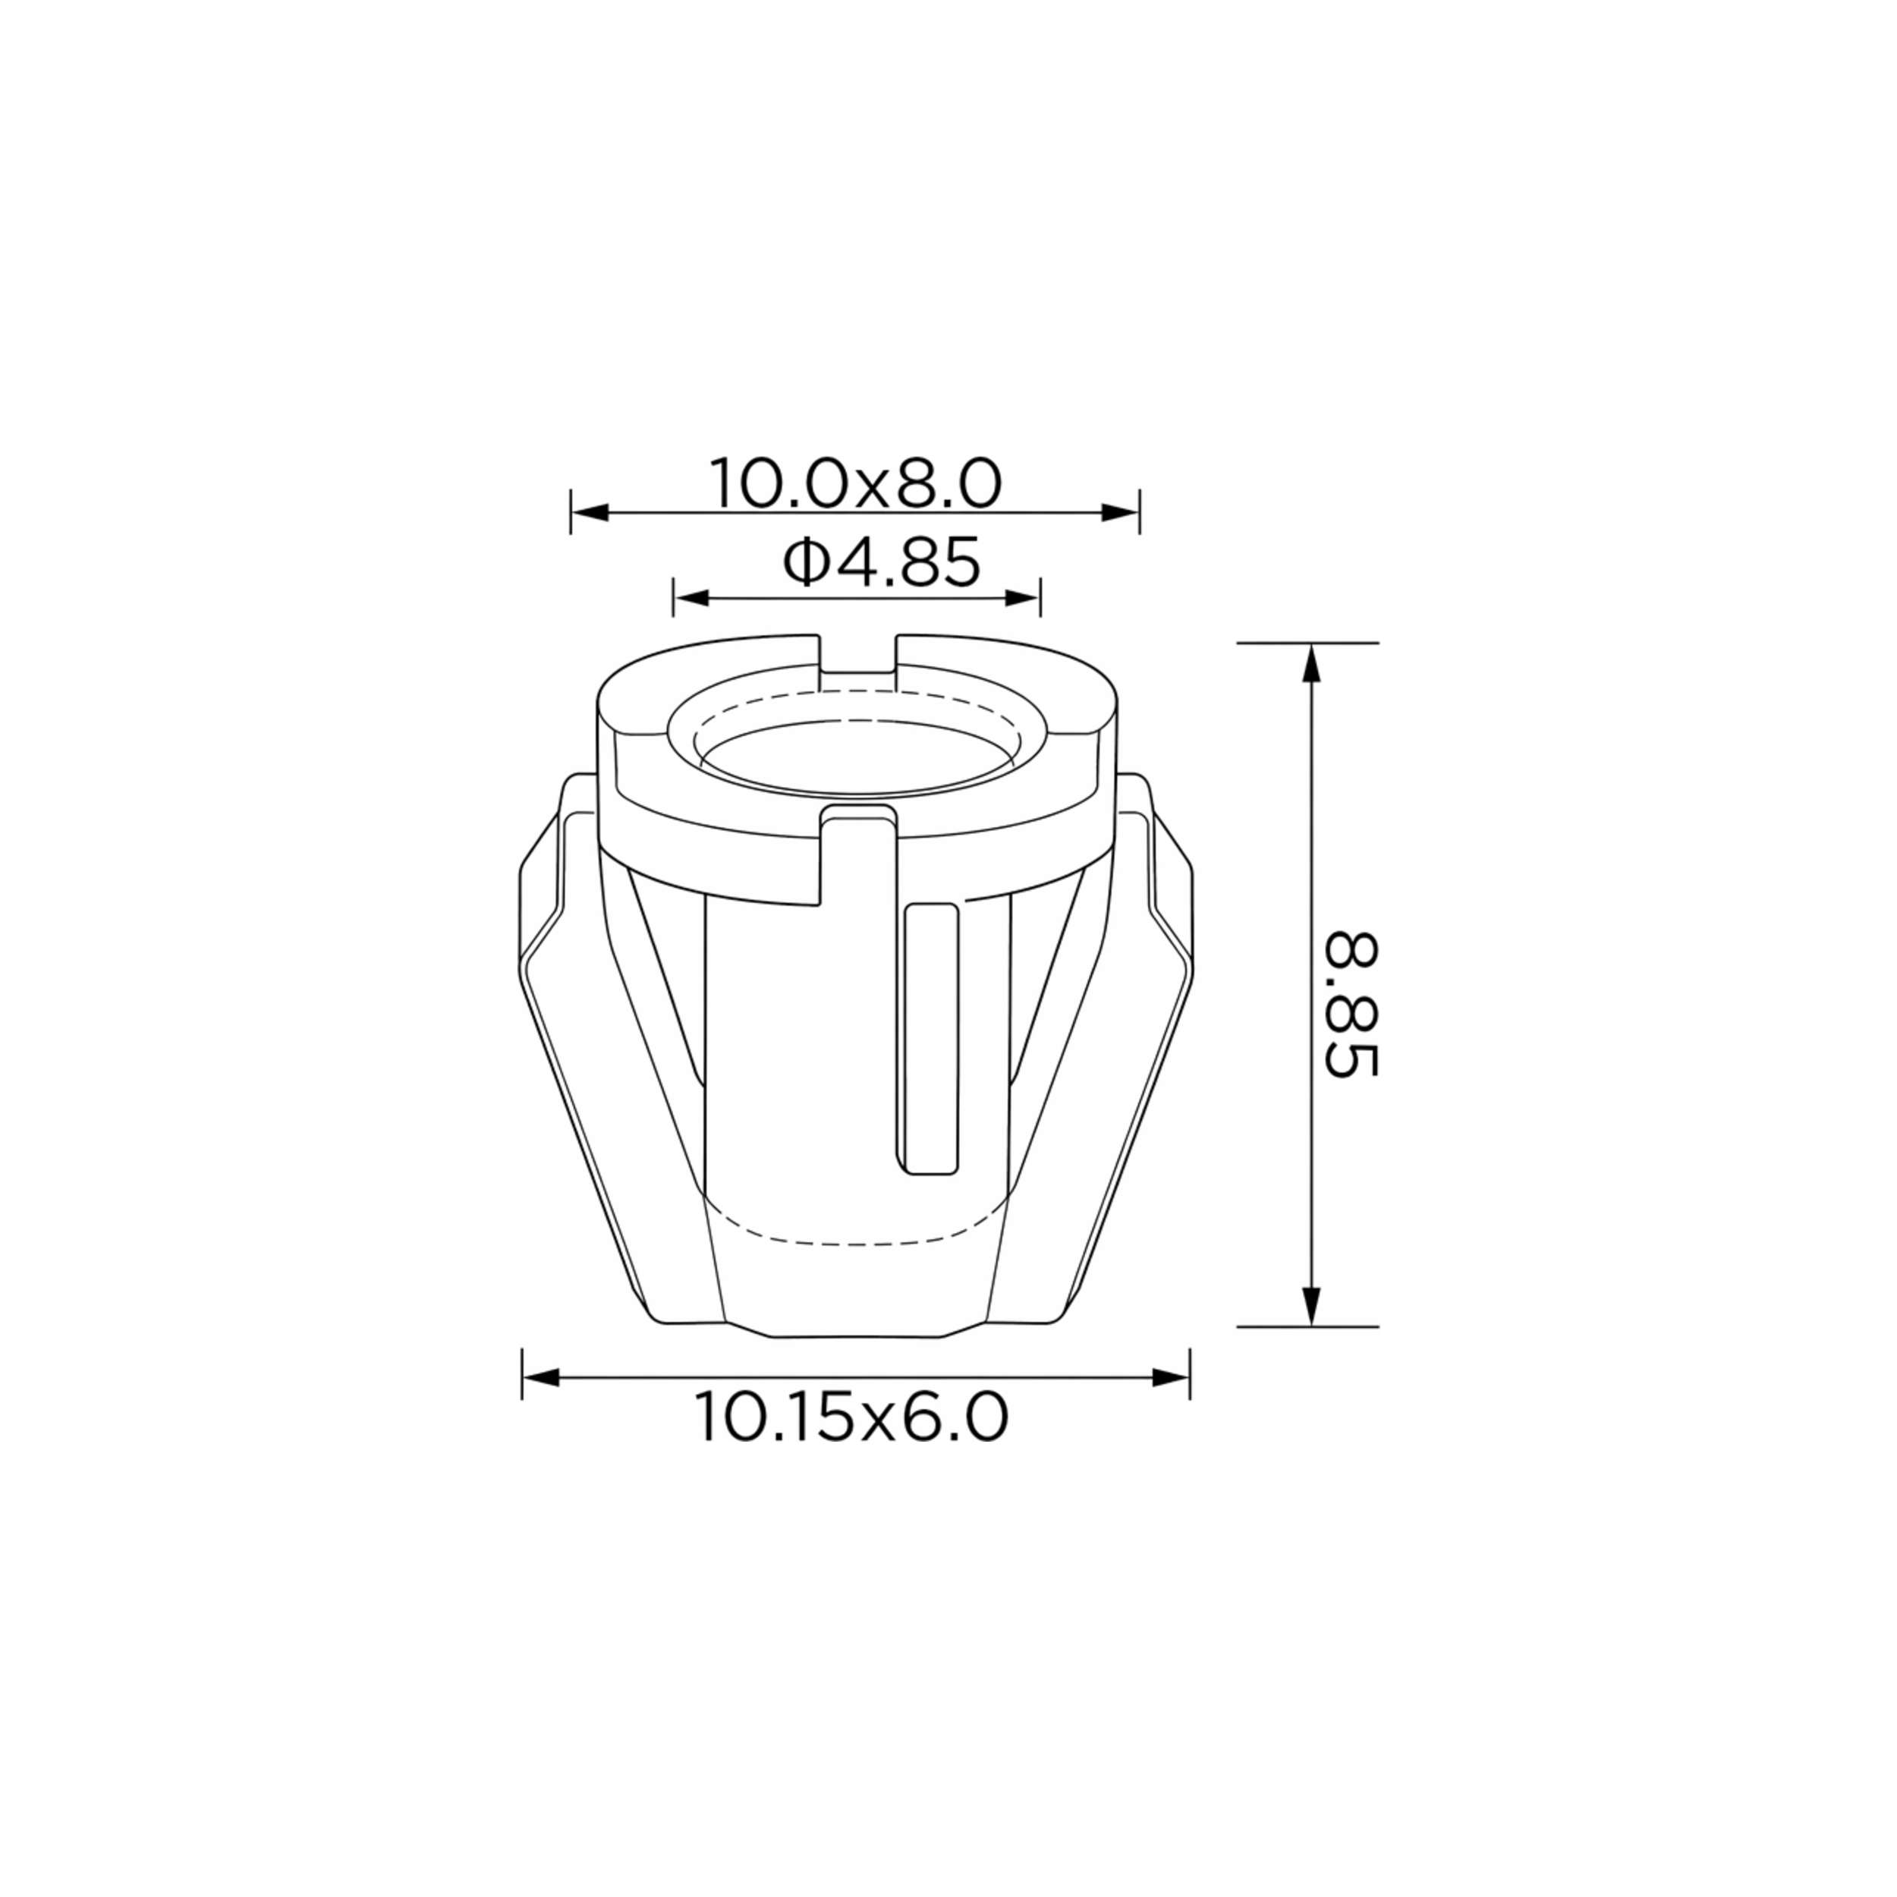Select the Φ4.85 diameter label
pos(881,562)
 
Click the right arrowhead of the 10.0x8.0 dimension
pos(1119,512)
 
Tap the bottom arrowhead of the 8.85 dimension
pos(1310,1307)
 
